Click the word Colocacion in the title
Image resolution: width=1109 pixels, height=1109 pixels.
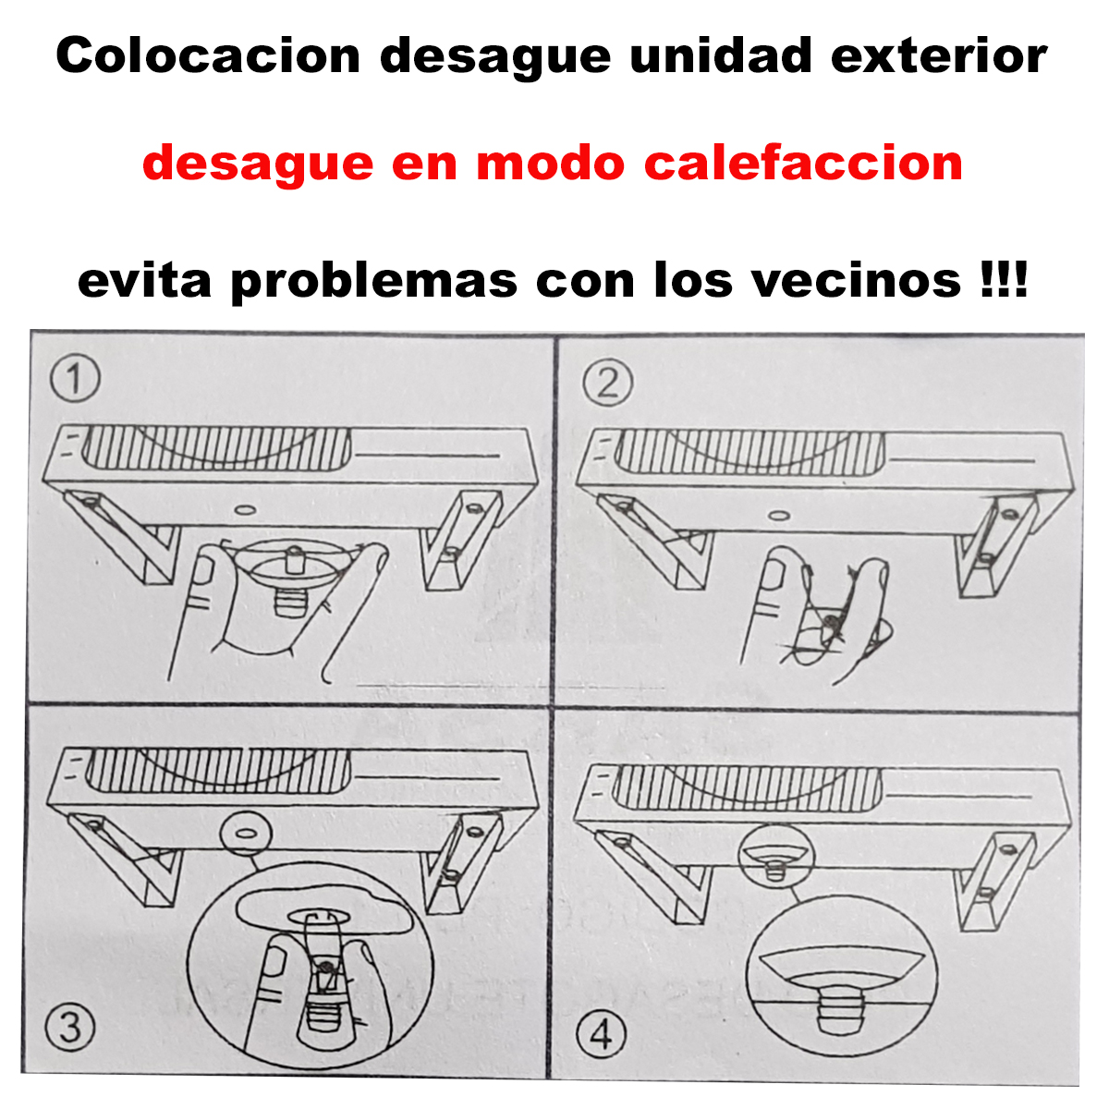[x=208, y=56]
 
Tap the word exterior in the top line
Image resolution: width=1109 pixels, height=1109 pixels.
[x=939, y=55]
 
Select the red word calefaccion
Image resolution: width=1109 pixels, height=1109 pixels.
[x=803, y=163]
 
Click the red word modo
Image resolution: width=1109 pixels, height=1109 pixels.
[x=550, y=164]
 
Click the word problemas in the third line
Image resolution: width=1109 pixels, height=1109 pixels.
[x=373, y=281]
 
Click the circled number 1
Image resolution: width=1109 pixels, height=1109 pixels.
[x=75, y=380]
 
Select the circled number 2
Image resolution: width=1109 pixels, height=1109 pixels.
[x=607, y=384]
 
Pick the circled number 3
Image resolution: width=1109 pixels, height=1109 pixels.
[x=70, y=1028]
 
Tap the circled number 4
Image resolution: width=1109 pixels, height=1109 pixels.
[x=602, y=1035]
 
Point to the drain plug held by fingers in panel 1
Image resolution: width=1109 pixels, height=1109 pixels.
[x=292, y=576]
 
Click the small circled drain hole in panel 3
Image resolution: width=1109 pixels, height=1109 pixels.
[x=246, y=834]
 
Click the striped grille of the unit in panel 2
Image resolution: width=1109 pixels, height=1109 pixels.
[x=749, y=453]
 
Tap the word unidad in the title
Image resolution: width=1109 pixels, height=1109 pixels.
[x=720, y=55]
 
